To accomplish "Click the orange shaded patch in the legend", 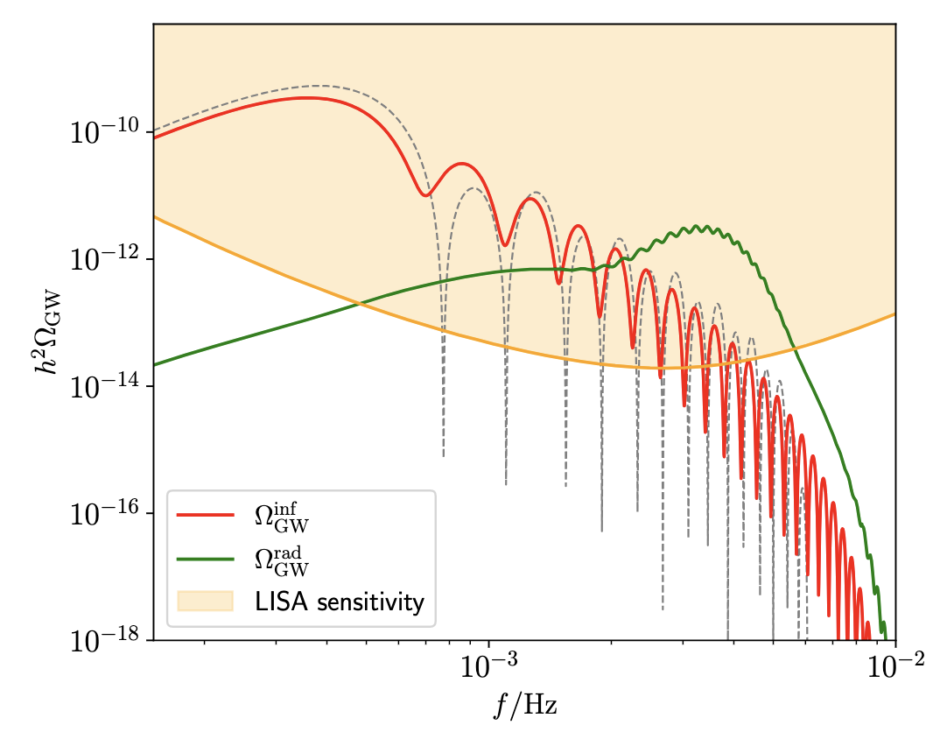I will click(206, 602).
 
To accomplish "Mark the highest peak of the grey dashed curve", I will click(319, 86).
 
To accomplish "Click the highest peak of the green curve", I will click(697, 227).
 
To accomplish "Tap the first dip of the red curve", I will click(425, 194).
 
